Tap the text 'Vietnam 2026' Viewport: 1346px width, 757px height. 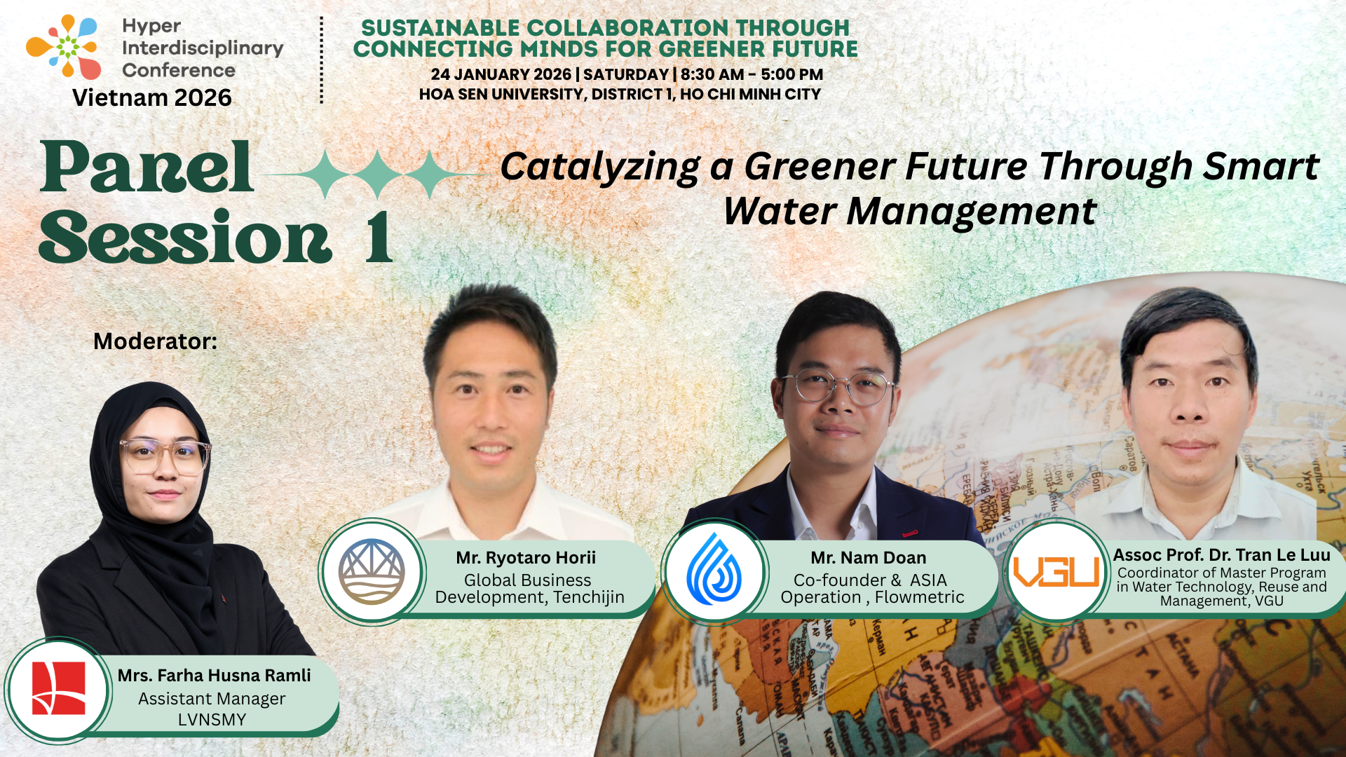151,97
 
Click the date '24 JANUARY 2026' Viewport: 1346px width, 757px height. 501,74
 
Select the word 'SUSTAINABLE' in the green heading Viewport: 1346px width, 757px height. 440,28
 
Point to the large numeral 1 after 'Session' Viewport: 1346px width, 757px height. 379,238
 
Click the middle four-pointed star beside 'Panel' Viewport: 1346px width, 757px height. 377,174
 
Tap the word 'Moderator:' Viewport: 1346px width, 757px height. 155,341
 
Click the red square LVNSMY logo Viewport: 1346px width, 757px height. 59,688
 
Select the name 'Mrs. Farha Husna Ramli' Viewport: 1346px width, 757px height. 214,675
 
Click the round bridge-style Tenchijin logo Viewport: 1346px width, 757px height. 372,571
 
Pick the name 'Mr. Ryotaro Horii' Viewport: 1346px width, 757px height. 526,558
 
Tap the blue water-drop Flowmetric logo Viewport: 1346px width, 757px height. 714,570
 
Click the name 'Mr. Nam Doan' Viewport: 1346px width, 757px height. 869,558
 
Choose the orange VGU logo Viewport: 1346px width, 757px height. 1056,571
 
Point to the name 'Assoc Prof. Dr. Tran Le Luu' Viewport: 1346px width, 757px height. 1221,555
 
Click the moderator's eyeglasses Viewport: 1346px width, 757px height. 165,456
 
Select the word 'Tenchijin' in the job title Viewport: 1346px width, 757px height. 589,597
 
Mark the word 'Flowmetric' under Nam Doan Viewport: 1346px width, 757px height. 919,597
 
